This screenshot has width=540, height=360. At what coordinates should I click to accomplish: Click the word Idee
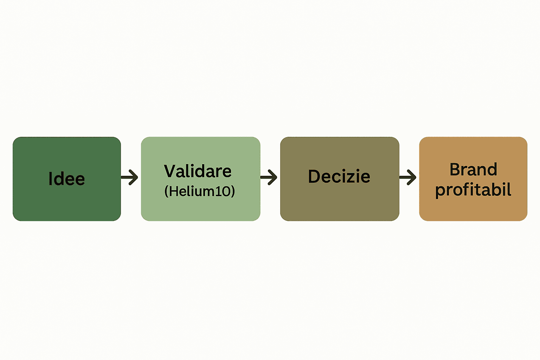pos(67,179)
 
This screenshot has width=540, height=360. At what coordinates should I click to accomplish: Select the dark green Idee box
pos(67,179)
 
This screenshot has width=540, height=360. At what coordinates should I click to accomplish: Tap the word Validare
pos(198,171)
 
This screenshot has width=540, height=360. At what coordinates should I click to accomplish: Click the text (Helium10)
pos(200,191)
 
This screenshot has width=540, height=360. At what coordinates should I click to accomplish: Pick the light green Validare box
pos(201,179)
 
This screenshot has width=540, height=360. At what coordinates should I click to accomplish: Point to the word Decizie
pos(339,176)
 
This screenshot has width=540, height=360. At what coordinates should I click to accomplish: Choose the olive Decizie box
pos(340,179)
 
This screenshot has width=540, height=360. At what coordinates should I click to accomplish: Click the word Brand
pos(474,169)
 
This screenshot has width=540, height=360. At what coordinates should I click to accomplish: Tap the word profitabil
pos(473,190)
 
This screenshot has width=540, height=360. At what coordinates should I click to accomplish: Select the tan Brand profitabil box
pos(473,179)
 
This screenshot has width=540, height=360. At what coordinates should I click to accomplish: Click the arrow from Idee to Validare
pos(129,177)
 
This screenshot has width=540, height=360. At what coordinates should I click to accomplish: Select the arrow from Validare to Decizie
pos(269,177)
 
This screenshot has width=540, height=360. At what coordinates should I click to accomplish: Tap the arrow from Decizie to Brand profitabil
pos(408,177)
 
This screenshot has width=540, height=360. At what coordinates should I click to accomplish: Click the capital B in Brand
pos(455,169)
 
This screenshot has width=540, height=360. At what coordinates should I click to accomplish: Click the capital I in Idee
pos(50,179)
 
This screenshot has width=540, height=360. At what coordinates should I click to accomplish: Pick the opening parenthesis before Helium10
pos(166,192)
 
